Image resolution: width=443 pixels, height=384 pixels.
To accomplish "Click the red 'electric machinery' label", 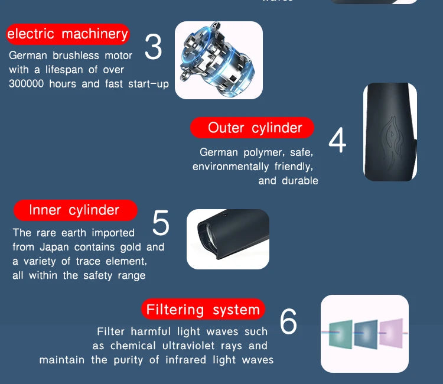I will (x=67, y=34).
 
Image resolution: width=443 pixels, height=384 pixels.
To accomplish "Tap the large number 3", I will (x=153, y=48).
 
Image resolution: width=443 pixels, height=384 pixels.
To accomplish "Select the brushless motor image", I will (x=219, y=60).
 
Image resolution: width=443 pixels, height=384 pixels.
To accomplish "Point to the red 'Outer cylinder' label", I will (x=252, y=128).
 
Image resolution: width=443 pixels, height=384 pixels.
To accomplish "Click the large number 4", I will (x=337, y=140).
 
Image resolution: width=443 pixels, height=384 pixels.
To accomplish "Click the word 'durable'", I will (x=300, y=181).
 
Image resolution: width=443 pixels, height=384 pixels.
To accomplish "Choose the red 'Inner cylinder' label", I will (x=74, y=210).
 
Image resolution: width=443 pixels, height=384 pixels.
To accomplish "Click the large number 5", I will (x=161, y=223).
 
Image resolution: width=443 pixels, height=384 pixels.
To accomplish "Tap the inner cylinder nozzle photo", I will (x=228, y=239).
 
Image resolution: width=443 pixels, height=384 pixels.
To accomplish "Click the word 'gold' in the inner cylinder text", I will (x=131, y=247).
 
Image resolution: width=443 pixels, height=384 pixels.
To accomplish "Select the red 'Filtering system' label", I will (x=203, y=310).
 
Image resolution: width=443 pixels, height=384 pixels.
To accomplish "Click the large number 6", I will (x=288, y=322).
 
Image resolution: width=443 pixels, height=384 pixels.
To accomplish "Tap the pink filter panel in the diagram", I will (x=390, y=334).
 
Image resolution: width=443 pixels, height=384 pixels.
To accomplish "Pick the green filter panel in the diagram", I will (x=341, y=335).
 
